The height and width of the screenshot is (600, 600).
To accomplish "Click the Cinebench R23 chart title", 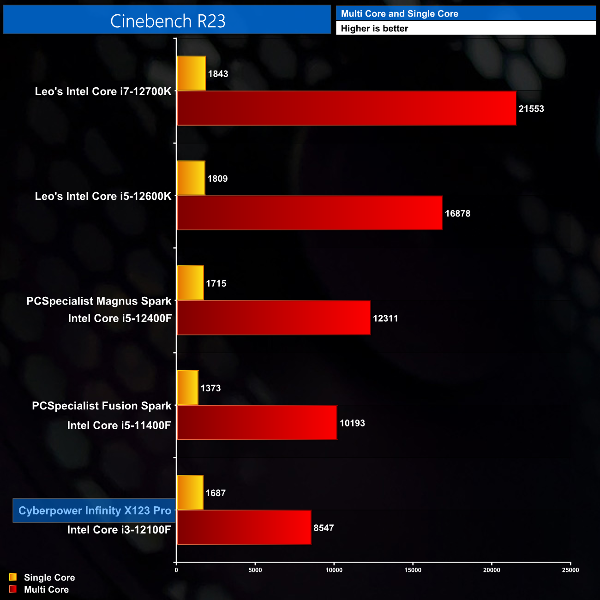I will (168, 21).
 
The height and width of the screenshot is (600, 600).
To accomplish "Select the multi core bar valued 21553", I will (346, 108).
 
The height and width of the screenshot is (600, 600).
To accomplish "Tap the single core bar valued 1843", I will (191, 73).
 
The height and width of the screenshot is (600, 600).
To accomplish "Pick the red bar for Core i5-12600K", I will (309, 213).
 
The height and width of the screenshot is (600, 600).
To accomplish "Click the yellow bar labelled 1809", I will (191, 178).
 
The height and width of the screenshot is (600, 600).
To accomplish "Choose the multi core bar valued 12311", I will (273, 318).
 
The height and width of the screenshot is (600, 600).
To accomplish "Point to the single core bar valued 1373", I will (187, 388).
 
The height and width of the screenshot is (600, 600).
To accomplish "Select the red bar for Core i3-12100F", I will (244, 527).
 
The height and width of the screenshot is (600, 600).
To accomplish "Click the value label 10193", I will (352, 423).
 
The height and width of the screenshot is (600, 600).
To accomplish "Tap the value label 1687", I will (216, 493).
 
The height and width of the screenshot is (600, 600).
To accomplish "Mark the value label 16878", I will (457, 214).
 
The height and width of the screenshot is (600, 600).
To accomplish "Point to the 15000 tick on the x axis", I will (413, 570).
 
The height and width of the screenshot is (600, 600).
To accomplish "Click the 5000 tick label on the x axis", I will (255, 570).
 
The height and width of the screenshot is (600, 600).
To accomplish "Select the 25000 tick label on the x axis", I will (570, 570).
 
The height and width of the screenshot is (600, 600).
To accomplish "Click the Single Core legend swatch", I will (13, 577).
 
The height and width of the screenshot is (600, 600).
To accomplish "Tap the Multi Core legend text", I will (46, 589).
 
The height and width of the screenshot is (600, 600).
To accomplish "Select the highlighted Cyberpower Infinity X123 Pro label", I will (95, 510).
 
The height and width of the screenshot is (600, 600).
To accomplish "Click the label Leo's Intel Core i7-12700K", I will (103, 91).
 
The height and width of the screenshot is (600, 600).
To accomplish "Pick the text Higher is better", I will (374, 29).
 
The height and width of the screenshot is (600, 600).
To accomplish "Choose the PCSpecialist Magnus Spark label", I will (99, 301).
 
